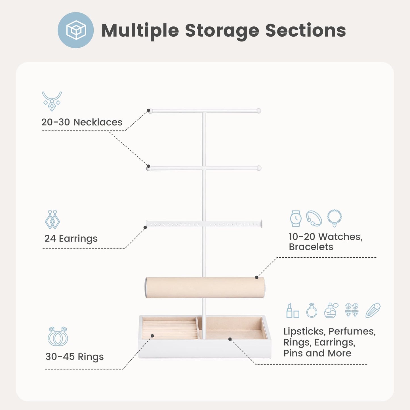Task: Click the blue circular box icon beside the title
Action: pyautogui.click(x=76, y=30)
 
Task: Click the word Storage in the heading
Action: pyautogui.click(x=222, y=31)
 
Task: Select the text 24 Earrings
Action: pyautogui.click(x=71, y=239)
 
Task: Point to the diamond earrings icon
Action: pyautogui.click(x=52, y=219)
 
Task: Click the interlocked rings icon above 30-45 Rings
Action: pyautogui.click(x=58, y=337)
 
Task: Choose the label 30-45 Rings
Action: pyautogui.click(x=74, y=357)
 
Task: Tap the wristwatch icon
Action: pyautogui.click(x=296, y=218)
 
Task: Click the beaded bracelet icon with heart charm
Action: pyautogui.click(x=335, y=218)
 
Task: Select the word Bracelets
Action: pyautogui.click(x=311, y=247)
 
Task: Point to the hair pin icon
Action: pyautogui.click(x=373, y=310)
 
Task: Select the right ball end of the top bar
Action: pyautogui.click(x=259, y=111)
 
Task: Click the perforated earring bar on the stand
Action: pyautogui.click(x=204, y=224)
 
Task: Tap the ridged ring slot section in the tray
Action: pyautogui.click(x=169, y=329)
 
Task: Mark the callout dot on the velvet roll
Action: pyautogui.click(x=256, y=277)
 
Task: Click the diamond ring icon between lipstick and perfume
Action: pyautogui.click(x=312, y=310)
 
